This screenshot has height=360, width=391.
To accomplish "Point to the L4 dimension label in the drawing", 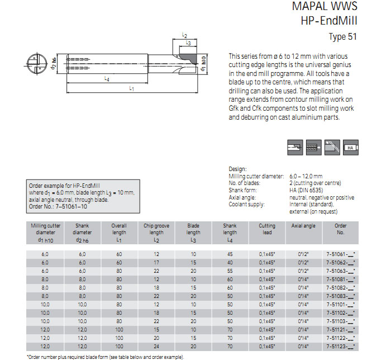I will (107, 79).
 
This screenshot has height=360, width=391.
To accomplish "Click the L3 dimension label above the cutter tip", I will (188, 43).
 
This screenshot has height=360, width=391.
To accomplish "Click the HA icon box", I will (351, 146).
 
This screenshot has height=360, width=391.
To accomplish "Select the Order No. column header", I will (340, 229).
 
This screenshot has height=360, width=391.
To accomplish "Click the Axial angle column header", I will (303, 226).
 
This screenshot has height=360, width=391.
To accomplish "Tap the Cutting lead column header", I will (266, 229).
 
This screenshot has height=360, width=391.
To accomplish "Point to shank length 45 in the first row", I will (230, 254).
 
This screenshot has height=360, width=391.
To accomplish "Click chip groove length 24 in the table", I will (157, 347).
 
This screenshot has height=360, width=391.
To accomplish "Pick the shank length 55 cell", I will (230, 271).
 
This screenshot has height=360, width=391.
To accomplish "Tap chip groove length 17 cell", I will (157, 263).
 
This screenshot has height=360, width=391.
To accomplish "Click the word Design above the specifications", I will (237, 169).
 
